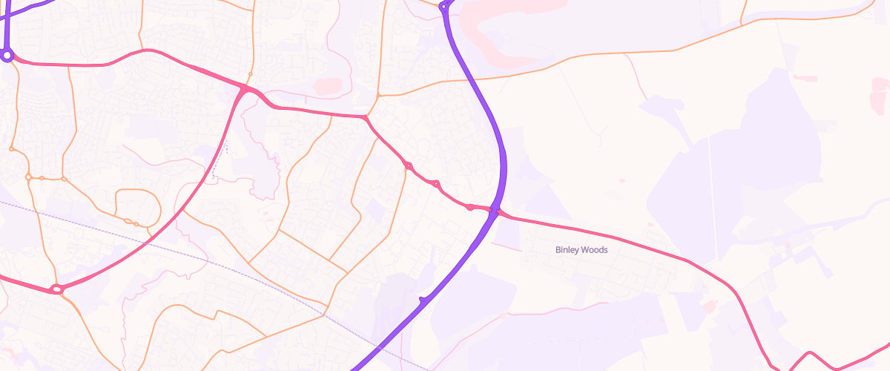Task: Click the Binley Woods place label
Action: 581,250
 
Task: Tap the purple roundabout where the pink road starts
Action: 7,55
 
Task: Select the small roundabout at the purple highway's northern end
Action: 444,7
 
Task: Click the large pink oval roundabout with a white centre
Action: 56,289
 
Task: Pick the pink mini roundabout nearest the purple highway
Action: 470,206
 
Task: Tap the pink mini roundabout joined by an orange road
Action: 408,165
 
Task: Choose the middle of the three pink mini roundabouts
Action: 436,183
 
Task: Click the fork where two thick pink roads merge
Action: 245,89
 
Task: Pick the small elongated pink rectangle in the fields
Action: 805,78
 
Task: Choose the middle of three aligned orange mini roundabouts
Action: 42,178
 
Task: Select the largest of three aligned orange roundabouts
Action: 28,177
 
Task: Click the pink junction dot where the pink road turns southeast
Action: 366,118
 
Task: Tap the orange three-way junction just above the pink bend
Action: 378,96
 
